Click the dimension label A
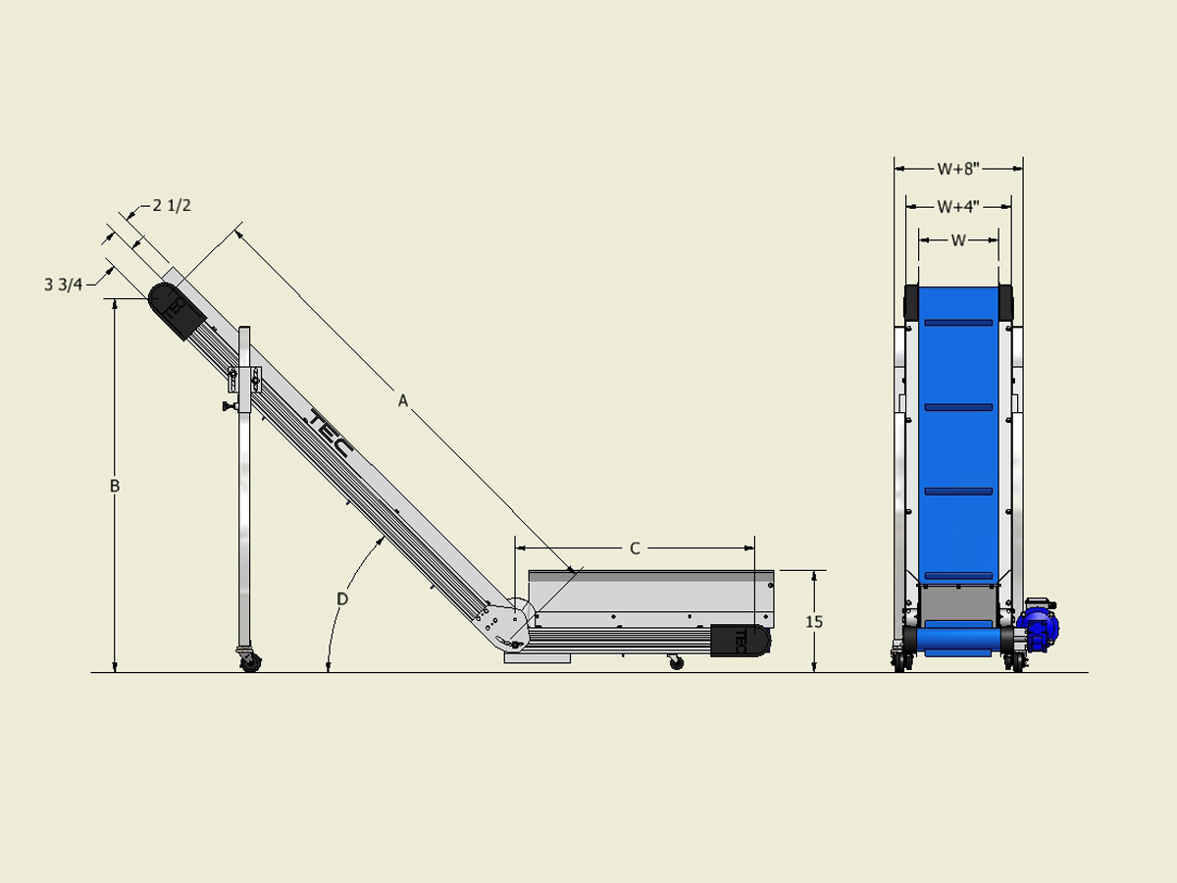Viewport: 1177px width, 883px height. [402, 399]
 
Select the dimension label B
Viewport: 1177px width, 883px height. [115, 486]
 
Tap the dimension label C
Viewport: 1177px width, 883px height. [635, 548]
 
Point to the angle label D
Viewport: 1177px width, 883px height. [342, 597]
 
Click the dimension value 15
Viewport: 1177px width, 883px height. [814, 621]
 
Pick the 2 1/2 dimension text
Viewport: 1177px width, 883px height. [171, 206]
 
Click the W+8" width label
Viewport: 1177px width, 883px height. [958, 168]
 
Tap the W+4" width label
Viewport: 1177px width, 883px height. [958, 206]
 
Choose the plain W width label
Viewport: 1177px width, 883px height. [958, 239]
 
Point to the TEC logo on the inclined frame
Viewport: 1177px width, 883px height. [329, 433]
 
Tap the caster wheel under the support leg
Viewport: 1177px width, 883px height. [250, 661]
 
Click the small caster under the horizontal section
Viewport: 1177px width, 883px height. [676, 663]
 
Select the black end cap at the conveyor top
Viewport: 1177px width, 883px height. [176, 309]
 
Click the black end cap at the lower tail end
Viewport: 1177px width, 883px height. [741, 640]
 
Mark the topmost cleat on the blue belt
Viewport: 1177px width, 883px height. [958, 322]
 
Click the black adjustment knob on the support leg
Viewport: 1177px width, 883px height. [229, 406]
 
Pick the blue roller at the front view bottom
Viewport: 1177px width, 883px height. [958, 641]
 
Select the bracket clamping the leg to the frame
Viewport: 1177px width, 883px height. [245, 379]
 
